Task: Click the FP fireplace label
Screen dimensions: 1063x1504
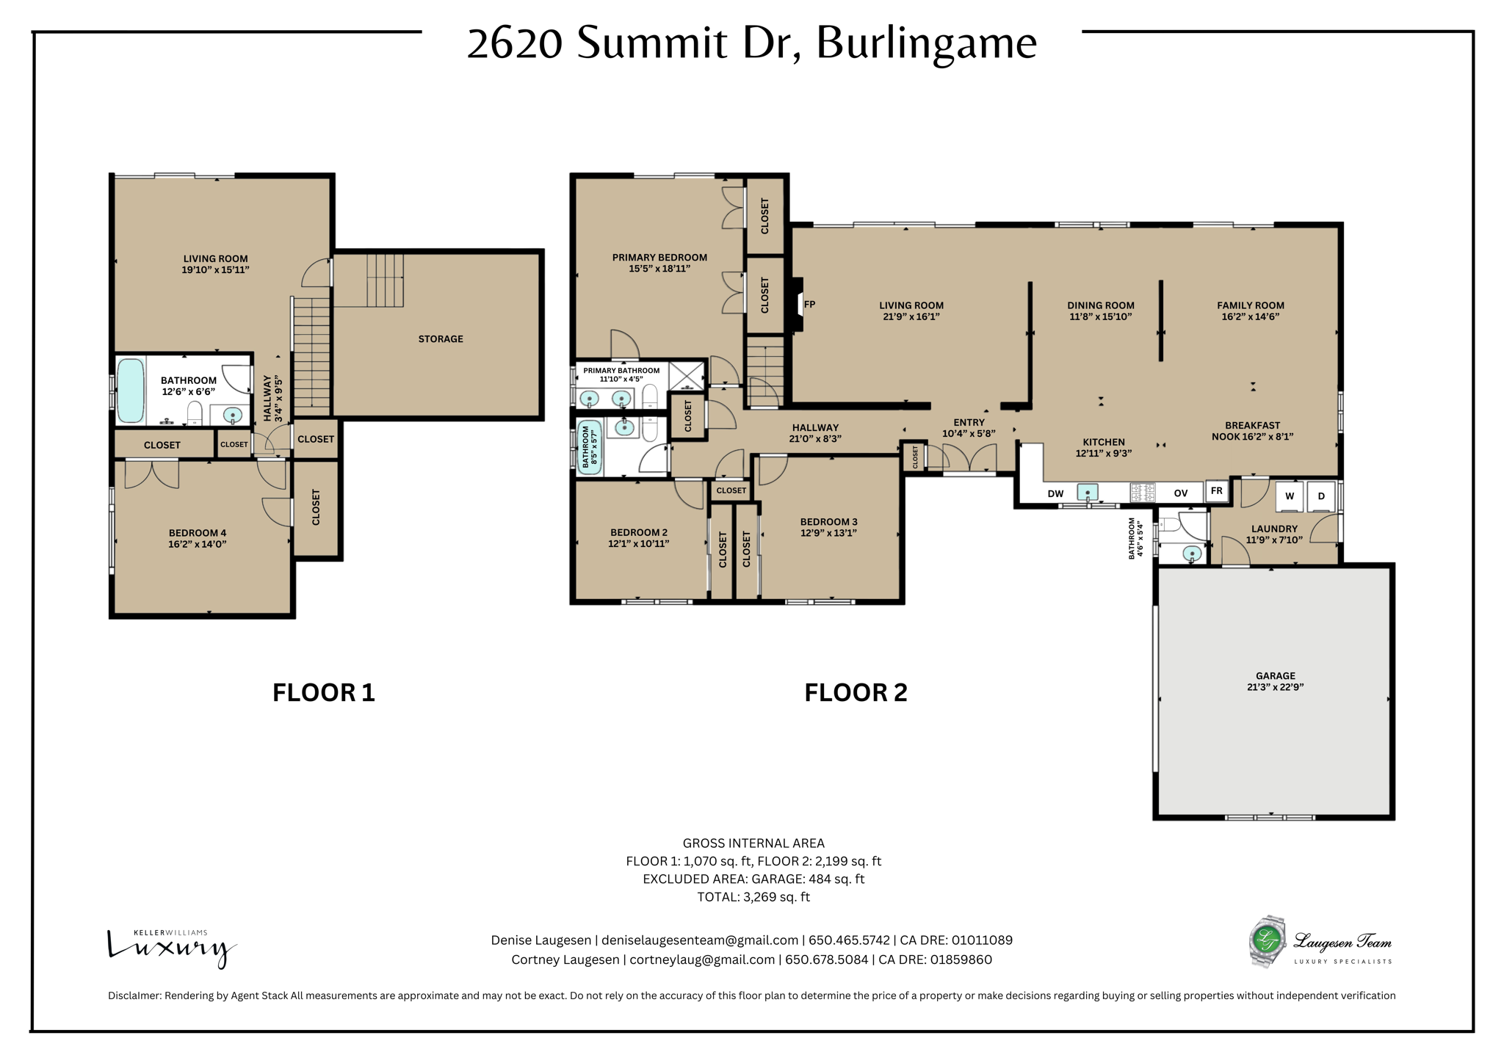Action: click(809, 305)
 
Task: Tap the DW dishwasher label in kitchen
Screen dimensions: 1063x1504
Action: click(1055, 493)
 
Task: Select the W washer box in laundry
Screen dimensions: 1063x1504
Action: click(1289, 496)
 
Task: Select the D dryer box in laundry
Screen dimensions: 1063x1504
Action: click(1321, 496)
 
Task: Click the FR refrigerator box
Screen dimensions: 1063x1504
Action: click(1217, 491)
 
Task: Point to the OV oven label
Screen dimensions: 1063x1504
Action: click(1180, 493)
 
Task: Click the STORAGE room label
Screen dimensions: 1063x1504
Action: click(441, 339)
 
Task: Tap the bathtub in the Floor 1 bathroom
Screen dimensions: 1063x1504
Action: click(131, 391)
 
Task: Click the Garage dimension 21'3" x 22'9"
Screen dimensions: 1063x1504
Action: click(1275, 688)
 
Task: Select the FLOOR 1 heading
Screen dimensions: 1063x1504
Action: click(323, 693)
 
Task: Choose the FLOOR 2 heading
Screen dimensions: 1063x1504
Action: click(856, 693)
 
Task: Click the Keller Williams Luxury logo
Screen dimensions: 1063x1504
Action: click(172, 948)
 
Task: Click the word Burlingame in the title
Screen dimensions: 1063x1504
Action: click(926, 43)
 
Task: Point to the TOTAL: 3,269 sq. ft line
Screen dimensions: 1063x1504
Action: click(753, 897)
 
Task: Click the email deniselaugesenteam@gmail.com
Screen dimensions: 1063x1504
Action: click(700, 940)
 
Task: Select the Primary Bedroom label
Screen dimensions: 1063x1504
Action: click(659, 258)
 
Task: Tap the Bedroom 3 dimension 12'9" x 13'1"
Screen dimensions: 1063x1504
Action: click(828, 534)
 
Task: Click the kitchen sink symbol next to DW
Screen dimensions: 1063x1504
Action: click(1087, 492)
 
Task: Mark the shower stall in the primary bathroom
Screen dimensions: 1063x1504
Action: click(686, 377)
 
